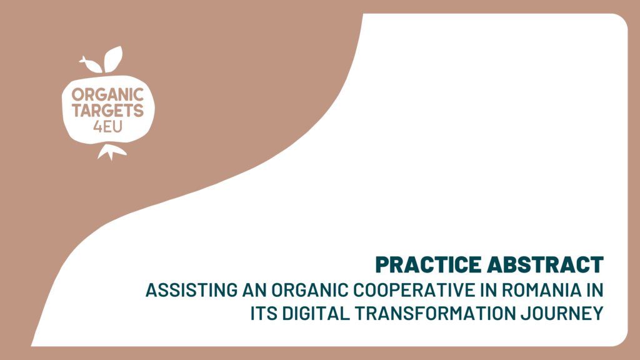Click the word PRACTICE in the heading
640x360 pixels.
(x=429, y=264)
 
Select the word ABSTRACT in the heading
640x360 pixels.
(x=545, y=264)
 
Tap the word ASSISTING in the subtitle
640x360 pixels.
(x=191, y=290)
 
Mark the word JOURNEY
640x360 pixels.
(x=562, y=314)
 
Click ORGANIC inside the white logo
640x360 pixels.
(x=107, y=95)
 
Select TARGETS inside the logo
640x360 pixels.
(x=107, y=111)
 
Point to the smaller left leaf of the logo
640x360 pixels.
(x=91, y=64)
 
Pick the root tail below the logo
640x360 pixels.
(x=111, y=152)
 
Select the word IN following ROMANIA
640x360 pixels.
(x=595, y=290)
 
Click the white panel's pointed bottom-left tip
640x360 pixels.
(x=31, y=346)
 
